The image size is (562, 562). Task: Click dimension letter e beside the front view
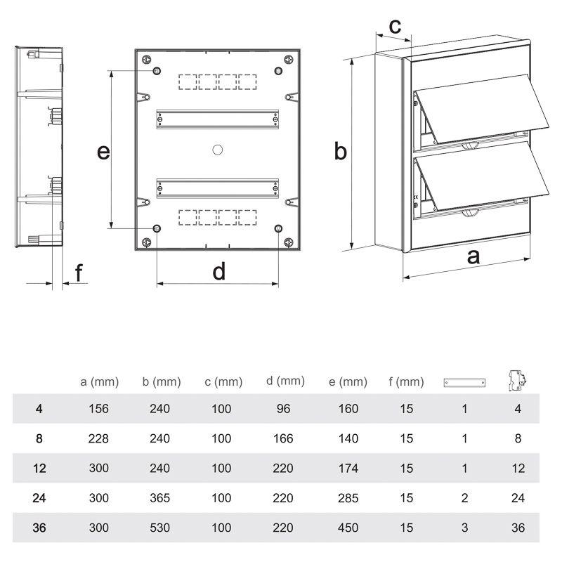tap(103, 151)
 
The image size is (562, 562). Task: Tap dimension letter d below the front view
tap(219, 270)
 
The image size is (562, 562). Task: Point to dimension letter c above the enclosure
tap(396, 27)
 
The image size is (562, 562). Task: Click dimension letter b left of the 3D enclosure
tap(340, 151)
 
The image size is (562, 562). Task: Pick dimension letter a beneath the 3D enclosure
tap(474, 256)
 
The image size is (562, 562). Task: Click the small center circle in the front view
tap(218, 149)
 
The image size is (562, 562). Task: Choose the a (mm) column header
tap(100, 382)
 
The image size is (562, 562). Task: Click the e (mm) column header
tap(348, 382)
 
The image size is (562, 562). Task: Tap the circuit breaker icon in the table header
tap(518, 380)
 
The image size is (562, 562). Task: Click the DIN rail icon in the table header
tap(464, 383)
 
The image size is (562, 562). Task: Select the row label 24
tap(39, 498)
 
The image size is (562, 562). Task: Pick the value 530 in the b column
tap(160, 528)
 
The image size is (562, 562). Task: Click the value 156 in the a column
tap(99, 409)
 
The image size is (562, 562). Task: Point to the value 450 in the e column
tap(348, 528)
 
